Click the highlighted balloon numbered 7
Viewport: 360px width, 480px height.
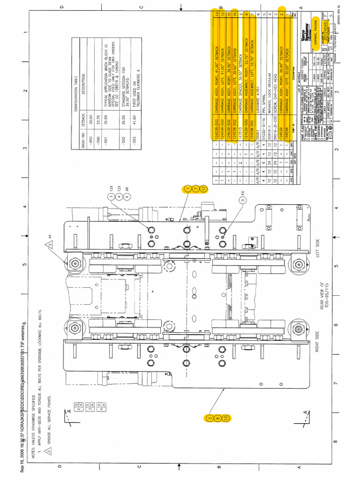pos(195,189)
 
